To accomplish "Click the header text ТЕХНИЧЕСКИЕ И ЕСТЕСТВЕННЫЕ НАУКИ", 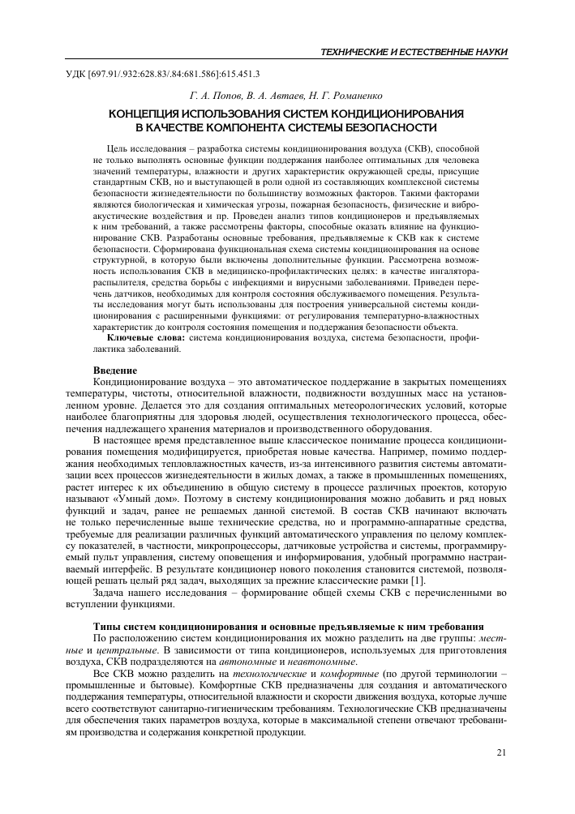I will point(414,52).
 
